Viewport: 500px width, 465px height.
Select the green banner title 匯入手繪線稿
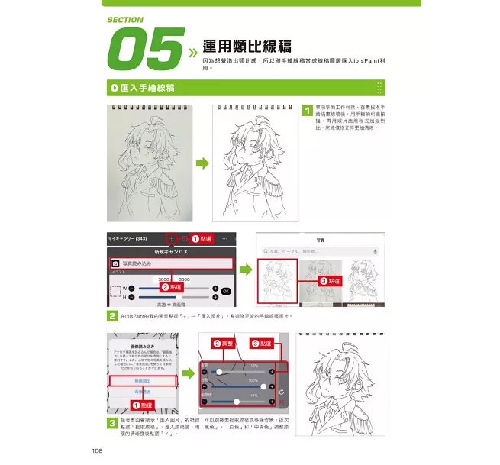coord(150,88)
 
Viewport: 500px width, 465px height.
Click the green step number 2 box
coord(111,315)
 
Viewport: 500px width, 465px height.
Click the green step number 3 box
coord(111,422)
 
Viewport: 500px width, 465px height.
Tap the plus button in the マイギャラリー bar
coord(173,239)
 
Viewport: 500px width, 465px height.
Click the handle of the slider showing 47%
coord(237,401)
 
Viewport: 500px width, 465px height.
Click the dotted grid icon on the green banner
coord(379,88)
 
